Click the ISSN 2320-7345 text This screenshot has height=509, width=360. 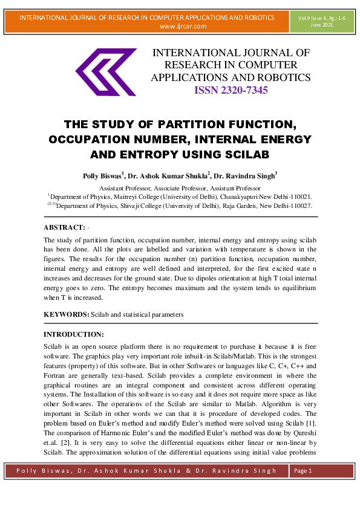coord(231,91)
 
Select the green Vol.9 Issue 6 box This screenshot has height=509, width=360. coord(326,22)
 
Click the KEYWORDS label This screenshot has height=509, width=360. coord(67,315)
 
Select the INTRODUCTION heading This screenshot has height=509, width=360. coord(74,334)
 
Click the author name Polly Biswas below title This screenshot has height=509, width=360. coord(102,176)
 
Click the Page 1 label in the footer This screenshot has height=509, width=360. coord(302,470)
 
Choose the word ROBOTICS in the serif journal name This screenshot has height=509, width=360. coord(284,77)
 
